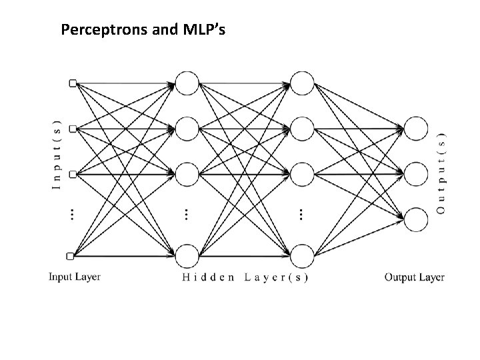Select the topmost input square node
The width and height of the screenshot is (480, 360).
[73, 83]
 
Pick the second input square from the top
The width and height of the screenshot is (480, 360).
[73, 128]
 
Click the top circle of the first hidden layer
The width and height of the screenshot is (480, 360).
[187, 83]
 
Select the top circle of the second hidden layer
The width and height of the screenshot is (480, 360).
[302, 83]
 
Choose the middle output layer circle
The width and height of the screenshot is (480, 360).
[416, 173]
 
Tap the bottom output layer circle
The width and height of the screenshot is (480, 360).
[416, 219]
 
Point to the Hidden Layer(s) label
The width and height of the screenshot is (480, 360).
[245, 277]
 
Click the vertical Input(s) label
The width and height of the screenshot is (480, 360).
[56, 155]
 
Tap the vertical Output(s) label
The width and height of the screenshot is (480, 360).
[441, 171]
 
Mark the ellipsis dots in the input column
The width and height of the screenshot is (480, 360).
[72, 214]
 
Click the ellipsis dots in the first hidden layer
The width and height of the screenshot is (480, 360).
[186, 214]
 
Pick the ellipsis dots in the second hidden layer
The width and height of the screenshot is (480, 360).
[301, 214]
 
